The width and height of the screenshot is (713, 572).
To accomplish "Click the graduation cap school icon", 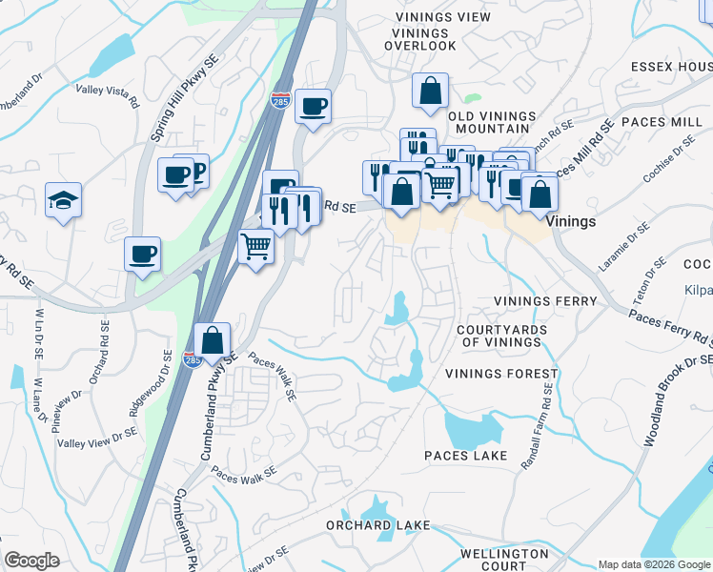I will click(x=63, y=200).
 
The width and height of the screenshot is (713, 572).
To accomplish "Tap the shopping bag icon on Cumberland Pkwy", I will click(x=212, y=339).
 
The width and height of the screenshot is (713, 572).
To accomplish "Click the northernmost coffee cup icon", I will click(x=312, y=106).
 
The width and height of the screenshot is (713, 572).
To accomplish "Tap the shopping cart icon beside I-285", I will click(x=255, y=248).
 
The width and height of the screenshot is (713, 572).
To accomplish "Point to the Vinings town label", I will click(x=572, y=221).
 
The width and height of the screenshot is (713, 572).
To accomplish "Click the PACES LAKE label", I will click(x=466, y=457).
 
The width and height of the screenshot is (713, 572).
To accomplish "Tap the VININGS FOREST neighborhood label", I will click(x=494, y=374).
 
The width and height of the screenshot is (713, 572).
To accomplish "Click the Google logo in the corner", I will click(x=31, y=561).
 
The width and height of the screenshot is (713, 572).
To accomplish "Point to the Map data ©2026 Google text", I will click(x=653, y=564).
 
